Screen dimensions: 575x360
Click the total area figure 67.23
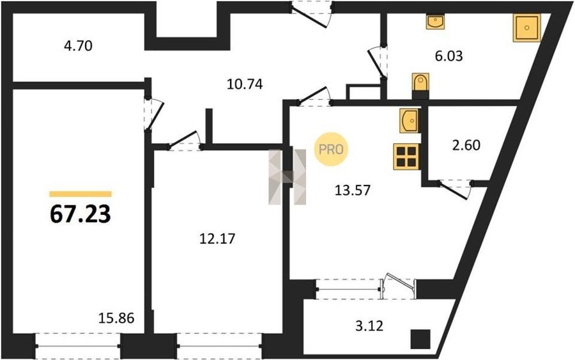[80, 214]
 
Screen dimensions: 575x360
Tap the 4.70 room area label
[78, 46]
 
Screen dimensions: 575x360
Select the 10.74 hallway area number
[245, 84]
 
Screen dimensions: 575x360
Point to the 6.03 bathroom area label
[449, 56]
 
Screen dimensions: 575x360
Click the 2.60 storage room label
[466, 145]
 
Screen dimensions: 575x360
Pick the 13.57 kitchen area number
[353, 190]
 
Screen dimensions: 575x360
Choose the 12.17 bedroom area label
[217, 239]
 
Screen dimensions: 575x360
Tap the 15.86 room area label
[117, 318]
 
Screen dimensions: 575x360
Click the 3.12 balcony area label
[369, 325]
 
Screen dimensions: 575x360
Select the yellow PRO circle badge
[331, 149]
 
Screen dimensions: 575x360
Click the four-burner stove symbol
[406, 157]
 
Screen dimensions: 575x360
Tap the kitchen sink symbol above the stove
[410, 121]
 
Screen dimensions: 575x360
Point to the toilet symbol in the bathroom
[420, 83]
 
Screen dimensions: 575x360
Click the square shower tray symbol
[526, 28]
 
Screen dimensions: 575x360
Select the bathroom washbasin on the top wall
[435, 21]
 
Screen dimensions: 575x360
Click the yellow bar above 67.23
[80, 194]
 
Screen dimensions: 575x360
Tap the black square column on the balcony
[420, 339]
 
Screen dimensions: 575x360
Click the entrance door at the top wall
[311, 14]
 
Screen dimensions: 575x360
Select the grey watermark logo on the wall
[287, 177]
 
